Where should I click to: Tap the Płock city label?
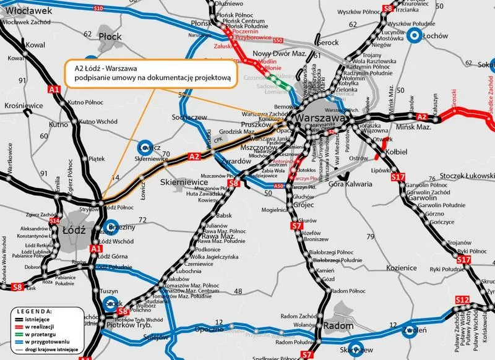pos(110,36)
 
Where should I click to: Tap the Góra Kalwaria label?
pos(351,184)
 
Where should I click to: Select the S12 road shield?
pos(462,300)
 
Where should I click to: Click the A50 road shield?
pos(278,186)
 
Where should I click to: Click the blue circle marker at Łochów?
pos(416,36)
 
